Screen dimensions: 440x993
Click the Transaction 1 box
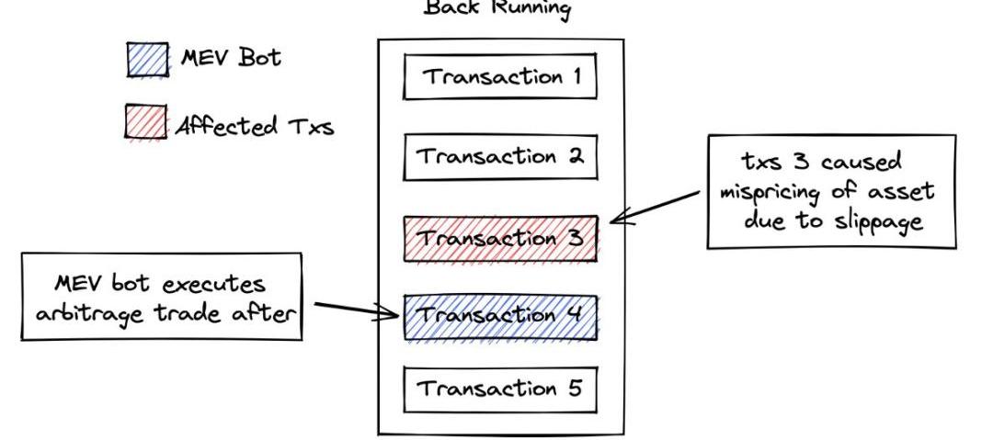(500, 76)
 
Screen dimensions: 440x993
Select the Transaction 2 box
(500, 157)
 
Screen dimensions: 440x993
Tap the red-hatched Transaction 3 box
(500, 238)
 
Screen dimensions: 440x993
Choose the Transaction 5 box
(500, 388)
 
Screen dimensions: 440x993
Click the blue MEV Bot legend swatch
(147, 61)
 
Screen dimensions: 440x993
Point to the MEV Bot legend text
(232, 58)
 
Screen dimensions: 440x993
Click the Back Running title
(496, 9)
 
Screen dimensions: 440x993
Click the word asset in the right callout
(900, 191)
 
